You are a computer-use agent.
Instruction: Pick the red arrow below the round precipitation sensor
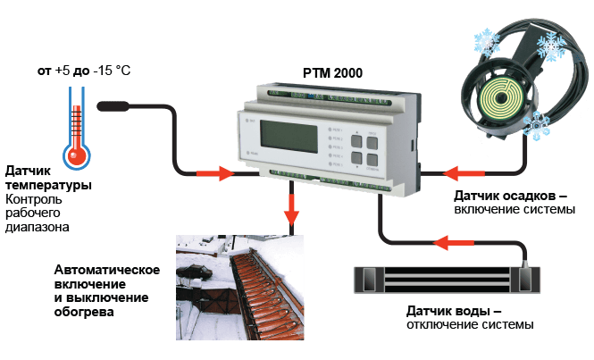pos(463,172)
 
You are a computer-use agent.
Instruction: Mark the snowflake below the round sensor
pos(538,128)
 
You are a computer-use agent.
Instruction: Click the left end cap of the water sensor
pos(367,280)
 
